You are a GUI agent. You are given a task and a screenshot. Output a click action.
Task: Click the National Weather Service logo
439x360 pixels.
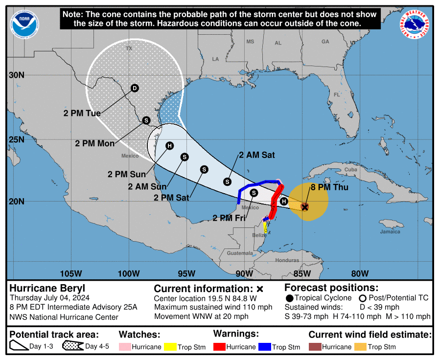416,24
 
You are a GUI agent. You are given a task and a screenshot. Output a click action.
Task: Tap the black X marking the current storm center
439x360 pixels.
304,207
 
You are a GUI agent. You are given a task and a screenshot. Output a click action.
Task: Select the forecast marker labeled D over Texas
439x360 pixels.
135,88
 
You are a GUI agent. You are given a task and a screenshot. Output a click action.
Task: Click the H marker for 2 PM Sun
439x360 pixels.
169,146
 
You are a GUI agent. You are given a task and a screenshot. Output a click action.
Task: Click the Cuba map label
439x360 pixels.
351,170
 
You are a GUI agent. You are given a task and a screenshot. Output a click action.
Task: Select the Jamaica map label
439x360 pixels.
390,232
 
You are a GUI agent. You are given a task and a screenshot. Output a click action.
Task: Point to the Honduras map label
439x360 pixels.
287,261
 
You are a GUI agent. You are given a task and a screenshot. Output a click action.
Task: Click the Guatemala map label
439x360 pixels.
240,253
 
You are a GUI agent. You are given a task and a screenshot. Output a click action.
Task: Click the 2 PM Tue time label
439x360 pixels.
82,113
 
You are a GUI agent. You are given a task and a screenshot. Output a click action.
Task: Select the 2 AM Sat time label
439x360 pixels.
256,155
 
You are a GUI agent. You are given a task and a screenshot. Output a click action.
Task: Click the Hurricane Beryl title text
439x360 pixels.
47,288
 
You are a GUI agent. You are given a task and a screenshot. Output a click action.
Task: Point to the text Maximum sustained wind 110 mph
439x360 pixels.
213,307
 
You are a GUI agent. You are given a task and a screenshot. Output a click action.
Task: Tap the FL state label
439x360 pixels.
337,94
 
